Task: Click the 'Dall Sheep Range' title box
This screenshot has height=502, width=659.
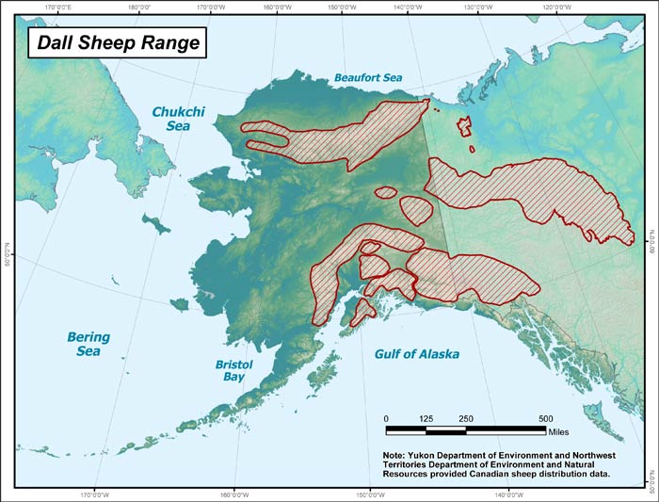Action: click(114, 42)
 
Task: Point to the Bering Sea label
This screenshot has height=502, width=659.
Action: click(88, 345)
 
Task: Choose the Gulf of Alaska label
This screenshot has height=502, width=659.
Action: click(417, 355)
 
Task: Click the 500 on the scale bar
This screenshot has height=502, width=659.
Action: click(545, 418)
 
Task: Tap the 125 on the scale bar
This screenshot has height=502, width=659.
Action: click(426, 418)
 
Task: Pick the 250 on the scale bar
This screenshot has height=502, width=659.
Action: click(465, 418)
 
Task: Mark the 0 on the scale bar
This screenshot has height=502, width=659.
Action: click(386, 418)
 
